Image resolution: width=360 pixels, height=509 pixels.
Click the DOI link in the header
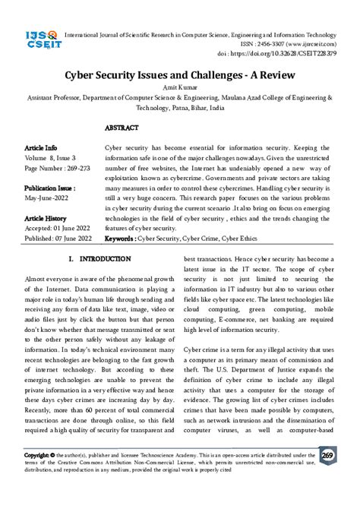tap(296, 55)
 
